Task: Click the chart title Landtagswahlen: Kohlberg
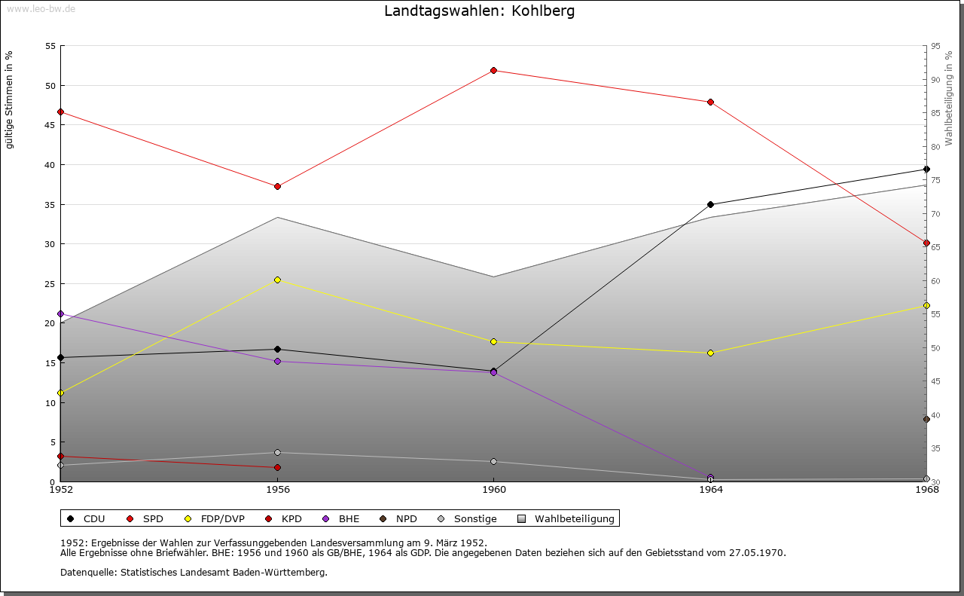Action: point(479,11)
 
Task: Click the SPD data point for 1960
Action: point(493,71)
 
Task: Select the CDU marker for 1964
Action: point(710,204)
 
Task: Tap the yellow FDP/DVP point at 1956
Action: point(277,280)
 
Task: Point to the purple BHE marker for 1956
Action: point(277,362)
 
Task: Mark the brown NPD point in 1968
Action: point(926,419)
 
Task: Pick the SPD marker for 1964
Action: point(710,102)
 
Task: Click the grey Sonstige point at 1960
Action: point(493,462)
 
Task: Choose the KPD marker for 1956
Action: point(277,468)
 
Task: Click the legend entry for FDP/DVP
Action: point(216,519)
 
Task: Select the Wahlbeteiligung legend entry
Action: point(567,519)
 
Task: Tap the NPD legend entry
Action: point(399,519)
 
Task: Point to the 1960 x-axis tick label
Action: point(493,490)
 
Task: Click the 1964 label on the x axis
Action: point(710,490)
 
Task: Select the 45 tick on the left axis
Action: point(50,125)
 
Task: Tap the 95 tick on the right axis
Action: point(935,46)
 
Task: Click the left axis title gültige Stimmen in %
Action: point(10,100)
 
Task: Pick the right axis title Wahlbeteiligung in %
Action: point(949,98)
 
